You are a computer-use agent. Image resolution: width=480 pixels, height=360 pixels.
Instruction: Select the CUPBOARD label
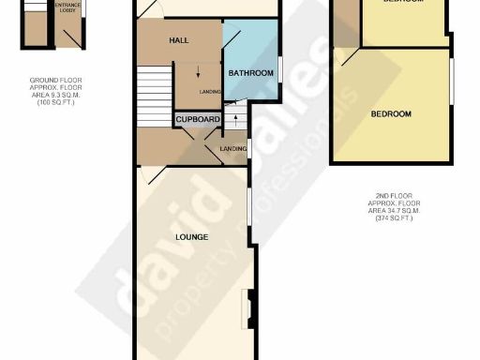pos(197,120)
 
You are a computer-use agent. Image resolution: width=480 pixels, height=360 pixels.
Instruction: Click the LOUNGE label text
pos(191,236)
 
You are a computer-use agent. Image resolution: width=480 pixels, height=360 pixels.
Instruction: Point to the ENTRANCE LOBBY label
pos(67,7)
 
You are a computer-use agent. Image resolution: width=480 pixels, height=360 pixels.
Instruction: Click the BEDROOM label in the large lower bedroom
pos(391,114)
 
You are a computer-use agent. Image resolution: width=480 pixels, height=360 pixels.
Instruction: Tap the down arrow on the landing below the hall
pos(198,74)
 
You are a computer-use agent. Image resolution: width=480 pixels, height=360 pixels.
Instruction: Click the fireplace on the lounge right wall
pos(248,306)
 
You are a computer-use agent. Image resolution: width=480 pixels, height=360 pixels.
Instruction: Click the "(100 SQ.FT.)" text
pos(54,100)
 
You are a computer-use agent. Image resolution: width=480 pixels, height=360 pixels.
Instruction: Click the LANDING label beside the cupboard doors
pos(232,148)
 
